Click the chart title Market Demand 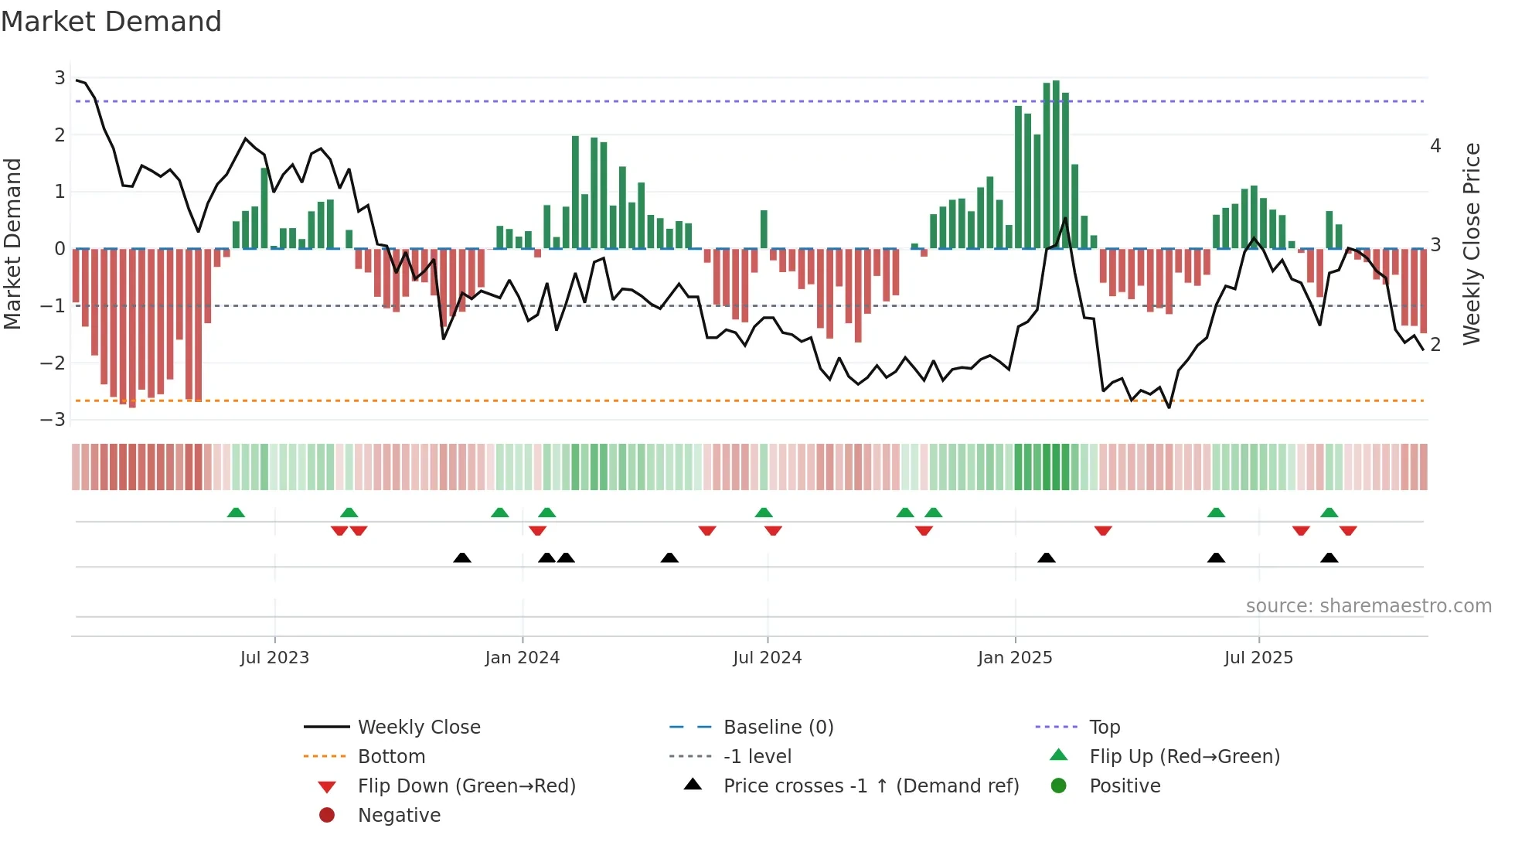coord(111,22)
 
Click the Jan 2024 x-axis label coord(522,658)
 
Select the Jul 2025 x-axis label coord(1258,658)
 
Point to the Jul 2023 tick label coord(274,658)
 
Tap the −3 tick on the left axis coord(53,420)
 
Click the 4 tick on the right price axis coord(1435,146)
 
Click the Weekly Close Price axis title coord(1472,244)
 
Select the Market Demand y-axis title coord(13,244)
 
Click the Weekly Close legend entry coord(418,728)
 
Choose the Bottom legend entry coord(391,757)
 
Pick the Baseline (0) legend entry coord(778,728)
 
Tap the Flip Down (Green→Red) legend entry coord(466,786)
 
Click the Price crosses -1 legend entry coord(870,786)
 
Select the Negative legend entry coord(399,816)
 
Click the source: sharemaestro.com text coord(1368,606)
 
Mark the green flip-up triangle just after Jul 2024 coord(764,513)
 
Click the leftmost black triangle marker coord(462,558)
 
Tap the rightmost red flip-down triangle coord(1348,531)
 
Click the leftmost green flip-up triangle coord(236,513)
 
